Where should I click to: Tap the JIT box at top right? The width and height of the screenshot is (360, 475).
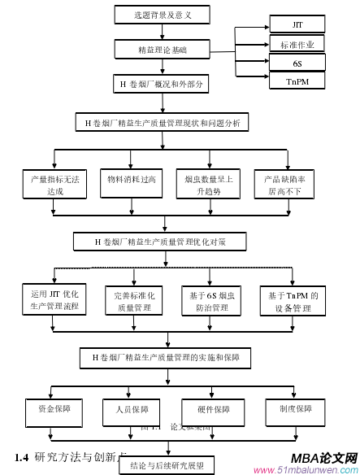[x=297, y=25]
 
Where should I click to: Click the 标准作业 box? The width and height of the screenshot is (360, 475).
[x=297, y=44]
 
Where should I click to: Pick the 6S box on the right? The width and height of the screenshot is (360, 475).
[x=297, y=63]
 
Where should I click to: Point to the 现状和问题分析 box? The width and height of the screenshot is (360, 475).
[x=163, y=124]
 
